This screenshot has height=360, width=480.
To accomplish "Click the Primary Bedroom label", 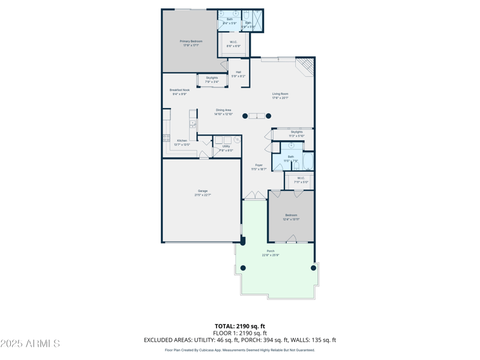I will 191,41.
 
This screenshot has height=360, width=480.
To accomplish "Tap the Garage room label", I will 203,191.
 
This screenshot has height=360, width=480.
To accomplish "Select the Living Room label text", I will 280,94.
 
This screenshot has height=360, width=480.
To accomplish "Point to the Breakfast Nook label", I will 179,90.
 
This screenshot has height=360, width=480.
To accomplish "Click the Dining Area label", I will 224,110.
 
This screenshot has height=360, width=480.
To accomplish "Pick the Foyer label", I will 259,165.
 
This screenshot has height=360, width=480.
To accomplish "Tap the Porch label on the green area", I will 271,251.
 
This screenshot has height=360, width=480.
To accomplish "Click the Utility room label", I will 226,146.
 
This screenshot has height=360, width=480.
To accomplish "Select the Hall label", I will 238,72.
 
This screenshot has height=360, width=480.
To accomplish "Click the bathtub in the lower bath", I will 308,162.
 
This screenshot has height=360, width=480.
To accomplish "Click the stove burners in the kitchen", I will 166,138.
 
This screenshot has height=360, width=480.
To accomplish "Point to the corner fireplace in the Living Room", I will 307,66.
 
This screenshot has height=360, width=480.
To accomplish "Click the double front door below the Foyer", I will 255,196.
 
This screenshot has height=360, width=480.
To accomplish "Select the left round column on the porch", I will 242,268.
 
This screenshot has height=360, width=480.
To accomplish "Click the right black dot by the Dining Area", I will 268,116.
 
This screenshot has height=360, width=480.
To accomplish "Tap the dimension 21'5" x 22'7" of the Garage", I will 203,195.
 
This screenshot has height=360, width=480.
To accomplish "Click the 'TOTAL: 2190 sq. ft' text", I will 240,326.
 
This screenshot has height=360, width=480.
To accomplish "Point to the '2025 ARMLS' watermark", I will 30,343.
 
